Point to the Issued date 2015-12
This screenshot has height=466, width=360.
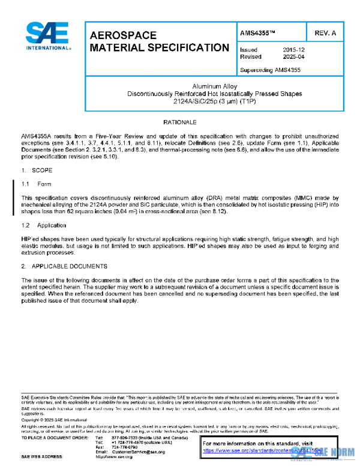tap(294, 50)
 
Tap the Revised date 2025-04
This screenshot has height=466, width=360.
tap(294, 57)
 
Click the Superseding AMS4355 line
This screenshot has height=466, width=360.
tap(270, 70)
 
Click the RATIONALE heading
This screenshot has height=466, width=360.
tap(180, 123)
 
